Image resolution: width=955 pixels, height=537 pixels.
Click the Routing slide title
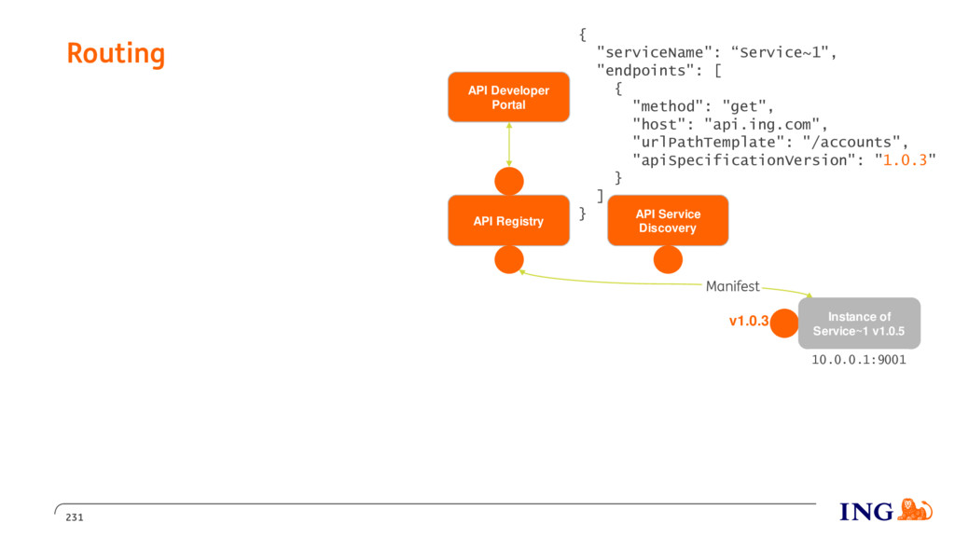click(x=116, y=53)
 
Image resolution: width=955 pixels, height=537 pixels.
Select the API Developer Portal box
click(x=508, y=97)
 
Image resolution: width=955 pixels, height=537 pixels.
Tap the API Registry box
click(x=508, y=220)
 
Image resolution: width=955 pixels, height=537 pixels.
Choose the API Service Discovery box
click(x=668, y=220)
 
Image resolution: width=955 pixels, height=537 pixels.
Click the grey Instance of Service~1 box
click(x=859, y=324)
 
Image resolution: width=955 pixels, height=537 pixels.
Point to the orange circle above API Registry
click(x=509, y=182)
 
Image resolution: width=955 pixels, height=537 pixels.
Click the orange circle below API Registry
click(x=509, y=259)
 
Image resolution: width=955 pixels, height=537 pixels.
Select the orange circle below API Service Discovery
click(x=668, y=259)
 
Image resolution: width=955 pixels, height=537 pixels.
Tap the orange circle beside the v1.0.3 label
click(x=784, y=324)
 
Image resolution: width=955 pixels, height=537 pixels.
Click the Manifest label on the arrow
click(x=733, y=286)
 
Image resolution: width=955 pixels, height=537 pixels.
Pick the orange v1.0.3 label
click(x=749, y=321)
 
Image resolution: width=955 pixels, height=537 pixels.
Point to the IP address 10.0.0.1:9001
click(x=859, y=360)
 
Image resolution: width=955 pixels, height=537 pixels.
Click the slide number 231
click(x=75, y=517)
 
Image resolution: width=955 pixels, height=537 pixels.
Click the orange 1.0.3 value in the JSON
click(x=905, y=160)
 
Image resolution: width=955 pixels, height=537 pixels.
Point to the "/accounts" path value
click(x=851, y=143)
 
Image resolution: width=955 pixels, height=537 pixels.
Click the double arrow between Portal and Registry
click(x=509, y=145)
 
